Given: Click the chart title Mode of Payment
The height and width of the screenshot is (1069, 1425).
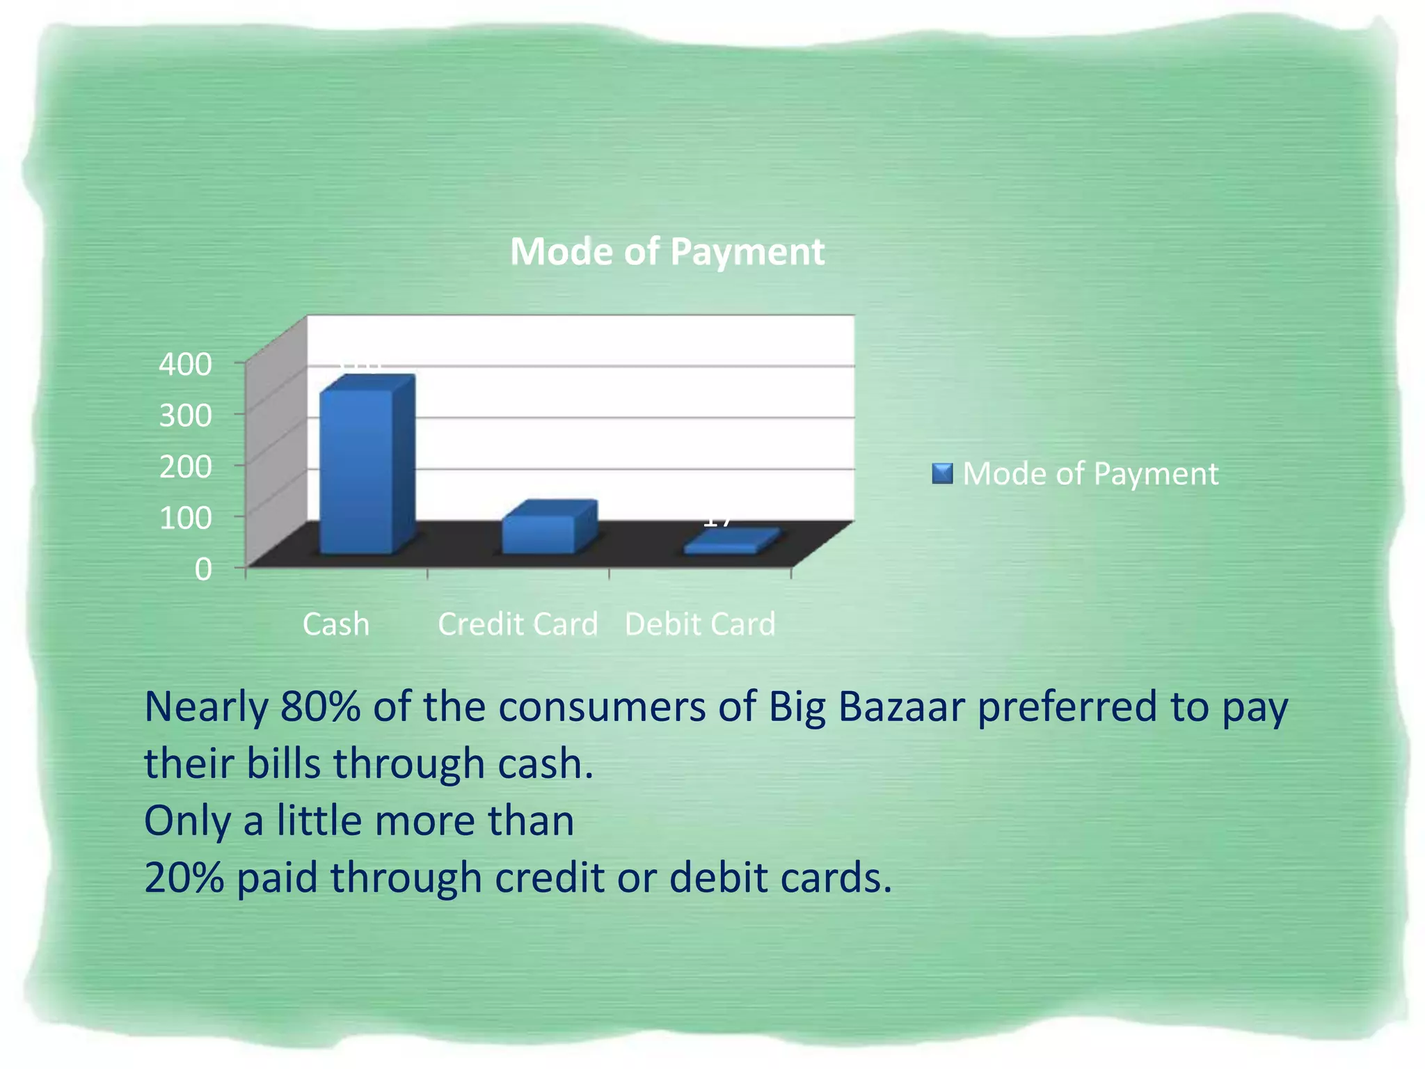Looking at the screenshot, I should [x=667, y=251].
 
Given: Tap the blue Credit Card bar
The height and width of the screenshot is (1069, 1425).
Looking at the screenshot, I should [x=540, y=534].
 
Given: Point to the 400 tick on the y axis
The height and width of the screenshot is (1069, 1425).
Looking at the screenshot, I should [x=185, y=364].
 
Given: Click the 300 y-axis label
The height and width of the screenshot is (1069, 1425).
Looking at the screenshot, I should [x=185, y=415].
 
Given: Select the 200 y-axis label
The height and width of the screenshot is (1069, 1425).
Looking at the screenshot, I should [x=185, y=466].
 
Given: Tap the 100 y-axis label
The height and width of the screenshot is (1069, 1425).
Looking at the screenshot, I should [x=185, y=518].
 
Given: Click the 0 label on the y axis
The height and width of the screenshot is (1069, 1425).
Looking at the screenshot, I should [x=202, y=569].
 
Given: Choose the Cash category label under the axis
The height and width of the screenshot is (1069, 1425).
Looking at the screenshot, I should [x=335, y=624].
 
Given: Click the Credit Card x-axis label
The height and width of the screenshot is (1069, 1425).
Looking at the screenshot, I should [x=518, y=624].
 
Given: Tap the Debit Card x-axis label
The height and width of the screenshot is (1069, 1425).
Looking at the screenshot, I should [x=700, y=624].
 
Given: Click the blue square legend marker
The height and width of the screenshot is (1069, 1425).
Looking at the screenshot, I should [x=941, y=474].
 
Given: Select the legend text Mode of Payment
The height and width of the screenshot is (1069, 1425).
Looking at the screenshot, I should [x=1090, y=474].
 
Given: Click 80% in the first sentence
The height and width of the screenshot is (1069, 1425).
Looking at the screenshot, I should [x=321, y=707].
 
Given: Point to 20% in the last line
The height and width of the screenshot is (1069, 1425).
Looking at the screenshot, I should [x=184, y=878].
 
